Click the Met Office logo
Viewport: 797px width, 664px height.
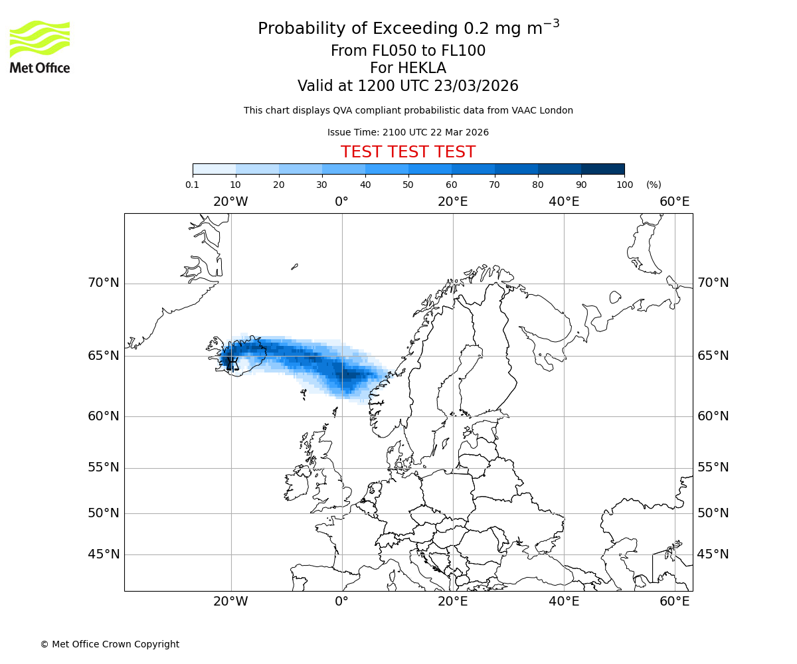tap(40, 46)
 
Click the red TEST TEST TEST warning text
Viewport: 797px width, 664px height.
tap(408, 152)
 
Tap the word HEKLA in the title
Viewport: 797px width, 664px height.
tap(421, 68)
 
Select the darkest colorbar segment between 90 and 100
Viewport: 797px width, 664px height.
tap(602, 169)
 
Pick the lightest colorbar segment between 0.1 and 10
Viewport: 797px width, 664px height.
tap(215, 169)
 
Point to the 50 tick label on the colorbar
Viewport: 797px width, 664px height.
tap(408, 185)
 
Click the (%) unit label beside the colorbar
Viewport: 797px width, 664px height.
tap(654, 185)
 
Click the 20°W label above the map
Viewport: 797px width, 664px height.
tap(230, 202)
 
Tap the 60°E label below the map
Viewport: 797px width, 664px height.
tap(674, 602)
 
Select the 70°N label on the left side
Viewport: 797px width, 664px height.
tap(104, 283)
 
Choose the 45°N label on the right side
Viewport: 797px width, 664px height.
tap(713, 554)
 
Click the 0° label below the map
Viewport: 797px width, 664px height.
tap(341, 602)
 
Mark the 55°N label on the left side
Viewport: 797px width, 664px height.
tap(104, 467)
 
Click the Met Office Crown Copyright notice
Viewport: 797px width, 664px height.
tap(110, 644)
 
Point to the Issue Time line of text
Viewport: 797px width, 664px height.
tap(408, 132)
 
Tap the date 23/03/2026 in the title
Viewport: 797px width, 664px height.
tap(476, 86)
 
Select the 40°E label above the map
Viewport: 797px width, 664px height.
tap(564, 202)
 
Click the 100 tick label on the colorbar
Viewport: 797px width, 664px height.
tap(624, 185)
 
